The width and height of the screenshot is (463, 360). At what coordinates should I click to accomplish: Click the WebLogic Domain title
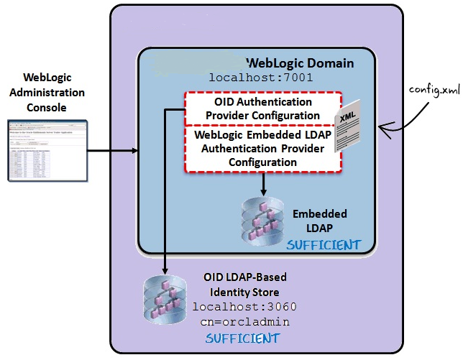tap(300, 63)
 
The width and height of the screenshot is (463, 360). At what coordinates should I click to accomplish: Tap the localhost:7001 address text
tap(261, 78)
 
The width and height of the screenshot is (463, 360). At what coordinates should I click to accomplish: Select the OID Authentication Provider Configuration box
tap(262, 109)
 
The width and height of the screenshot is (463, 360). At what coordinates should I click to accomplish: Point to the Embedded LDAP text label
tap(319, 221)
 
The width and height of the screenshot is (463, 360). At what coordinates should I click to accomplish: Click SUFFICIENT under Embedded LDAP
tap(324, 245)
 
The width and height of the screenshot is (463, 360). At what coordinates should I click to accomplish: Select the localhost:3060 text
tap(244, 307)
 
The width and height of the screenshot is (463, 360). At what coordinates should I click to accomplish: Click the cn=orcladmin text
tap(244, 321)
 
